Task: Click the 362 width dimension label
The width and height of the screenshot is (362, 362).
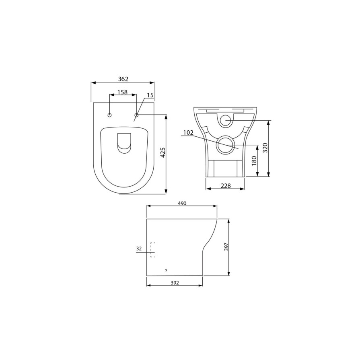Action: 123,79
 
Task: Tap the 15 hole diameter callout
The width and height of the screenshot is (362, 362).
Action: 150,95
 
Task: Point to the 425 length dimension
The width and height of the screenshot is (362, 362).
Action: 163,153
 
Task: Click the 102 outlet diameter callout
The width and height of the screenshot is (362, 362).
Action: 188,133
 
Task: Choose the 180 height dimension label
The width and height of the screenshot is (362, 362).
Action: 254,161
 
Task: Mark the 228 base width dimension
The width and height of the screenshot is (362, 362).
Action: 225,185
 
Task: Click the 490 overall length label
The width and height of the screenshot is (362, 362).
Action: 182,204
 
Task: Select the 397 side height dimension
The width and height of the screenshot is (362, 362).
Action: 226,247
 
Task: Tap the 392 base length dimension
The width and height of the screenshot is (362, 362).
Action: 175,283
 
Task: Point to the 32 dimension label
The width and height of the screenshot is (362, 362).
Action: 139,249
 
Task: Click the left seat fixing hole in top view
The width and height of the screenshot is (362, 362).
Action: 109,115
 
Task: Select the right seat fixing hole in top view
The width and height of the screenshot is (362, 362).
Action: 136,115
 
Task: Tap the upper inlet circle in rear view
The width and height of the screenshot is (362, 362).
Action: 226,120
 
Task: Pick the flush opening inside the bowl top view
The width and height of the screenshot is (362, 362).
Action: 124,143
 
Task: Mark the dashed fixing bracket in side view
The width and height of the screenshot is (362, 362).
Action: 152,249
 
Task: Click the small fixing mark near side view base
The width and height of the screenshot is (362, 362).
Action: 166,269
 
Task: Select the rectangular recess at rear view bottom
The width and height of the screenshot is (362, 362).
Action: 225,168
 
